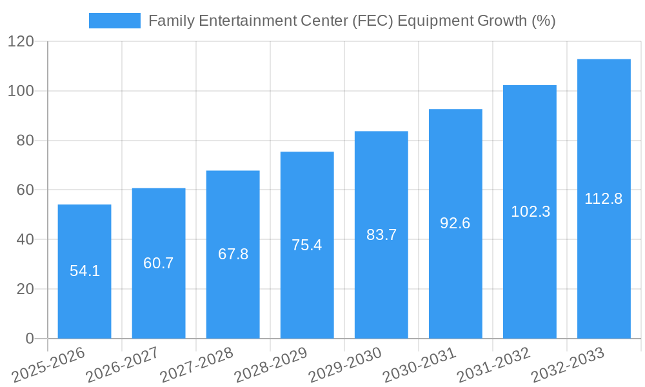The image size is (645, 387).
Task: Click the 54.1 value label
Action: (84, 271)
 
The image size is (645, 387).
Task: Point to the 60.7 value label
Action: (159, 263)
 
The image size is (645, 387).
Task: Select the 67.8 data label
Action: (233, 254)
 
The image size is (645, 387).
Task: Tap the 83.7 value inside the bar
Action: (381, 235)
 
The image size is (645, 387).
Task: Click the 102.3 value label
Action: (530, 212)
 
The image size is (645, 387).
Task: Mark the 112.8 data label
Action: (604, 199)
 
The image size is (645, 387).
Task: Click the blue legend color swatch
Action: (114, 21)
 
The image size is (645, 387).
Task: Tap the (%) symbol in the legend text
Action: (543, 21)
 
